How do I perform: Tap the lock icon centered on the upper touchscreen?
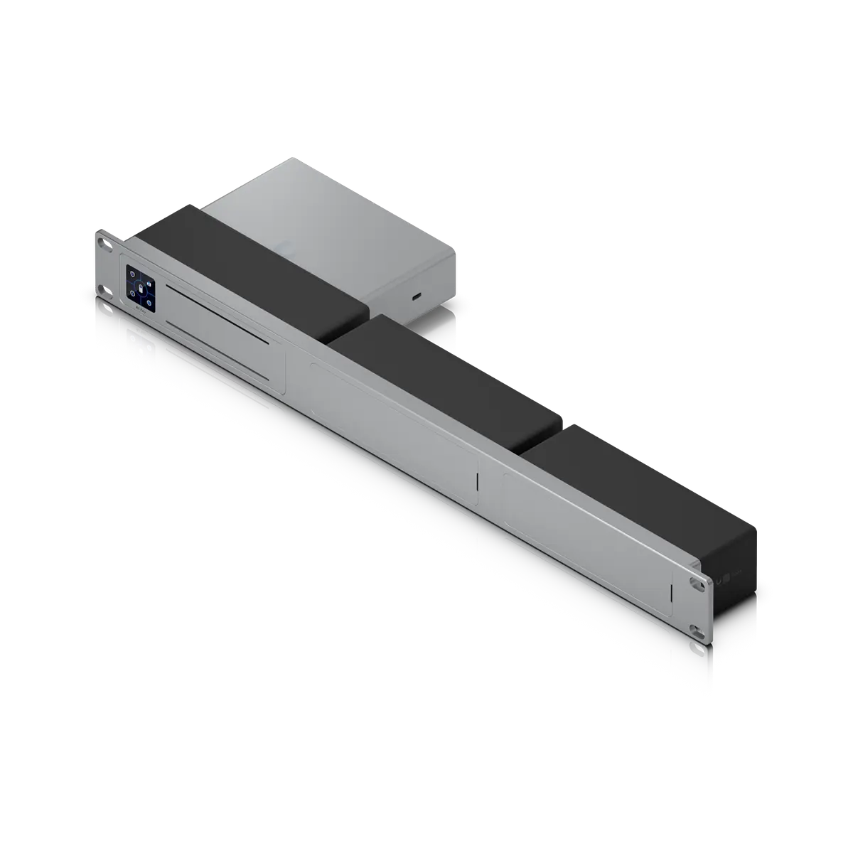pyautogui.click(x=142, y=289)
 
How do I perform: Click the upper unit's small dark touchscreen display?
pyautogui.click(x=141, y=289)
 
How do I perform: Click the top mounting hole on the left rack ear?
pyautogui.click(x=104, y=243)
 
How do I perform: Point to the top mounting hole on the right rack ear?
pyautogui.click(x=694, y=581)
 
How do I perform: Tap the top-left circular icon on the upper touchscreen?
pyautogui.click(x=132, y=274)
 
